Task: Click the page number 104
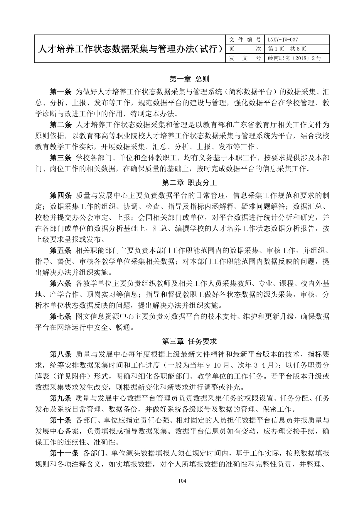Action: click(x=182, y=481)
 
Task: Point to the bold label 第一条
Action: click(x=60, y=92)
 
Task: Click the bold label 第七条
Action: click(x=60, y=316)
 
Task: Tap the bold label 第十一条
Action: click(x=64, y=453)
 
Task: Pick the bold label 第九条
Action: click(x=60, y=398)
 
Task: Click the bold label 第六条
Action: click(x=60, y=284)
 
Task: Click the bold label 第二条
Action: click(x=60, y=125)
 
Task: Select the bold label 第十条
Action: click(x=60, y=420)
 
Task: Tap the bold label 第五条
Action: click(x=60, y=250)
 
